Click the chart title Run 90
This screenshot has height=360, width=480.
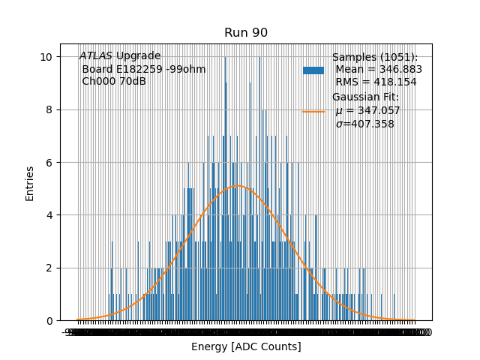(x=246, y=33)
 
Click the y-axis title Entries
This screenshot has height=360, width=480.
(x=30, y=183)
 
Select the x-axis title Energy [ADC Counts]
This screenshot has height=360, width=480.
(x=246, y=346)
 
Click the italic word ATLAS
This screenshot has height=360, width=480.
(x=96, y=56)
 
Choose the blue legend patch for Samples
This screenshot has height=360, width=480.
(x=313, y=70)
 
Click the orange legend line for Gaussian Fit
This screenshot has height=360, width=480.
(x=313, y=111)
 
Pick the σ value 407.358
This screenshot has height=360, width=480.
(x=372, y=124)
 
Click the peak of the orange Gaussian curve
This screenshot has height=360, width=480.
(x=236, y=186)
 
